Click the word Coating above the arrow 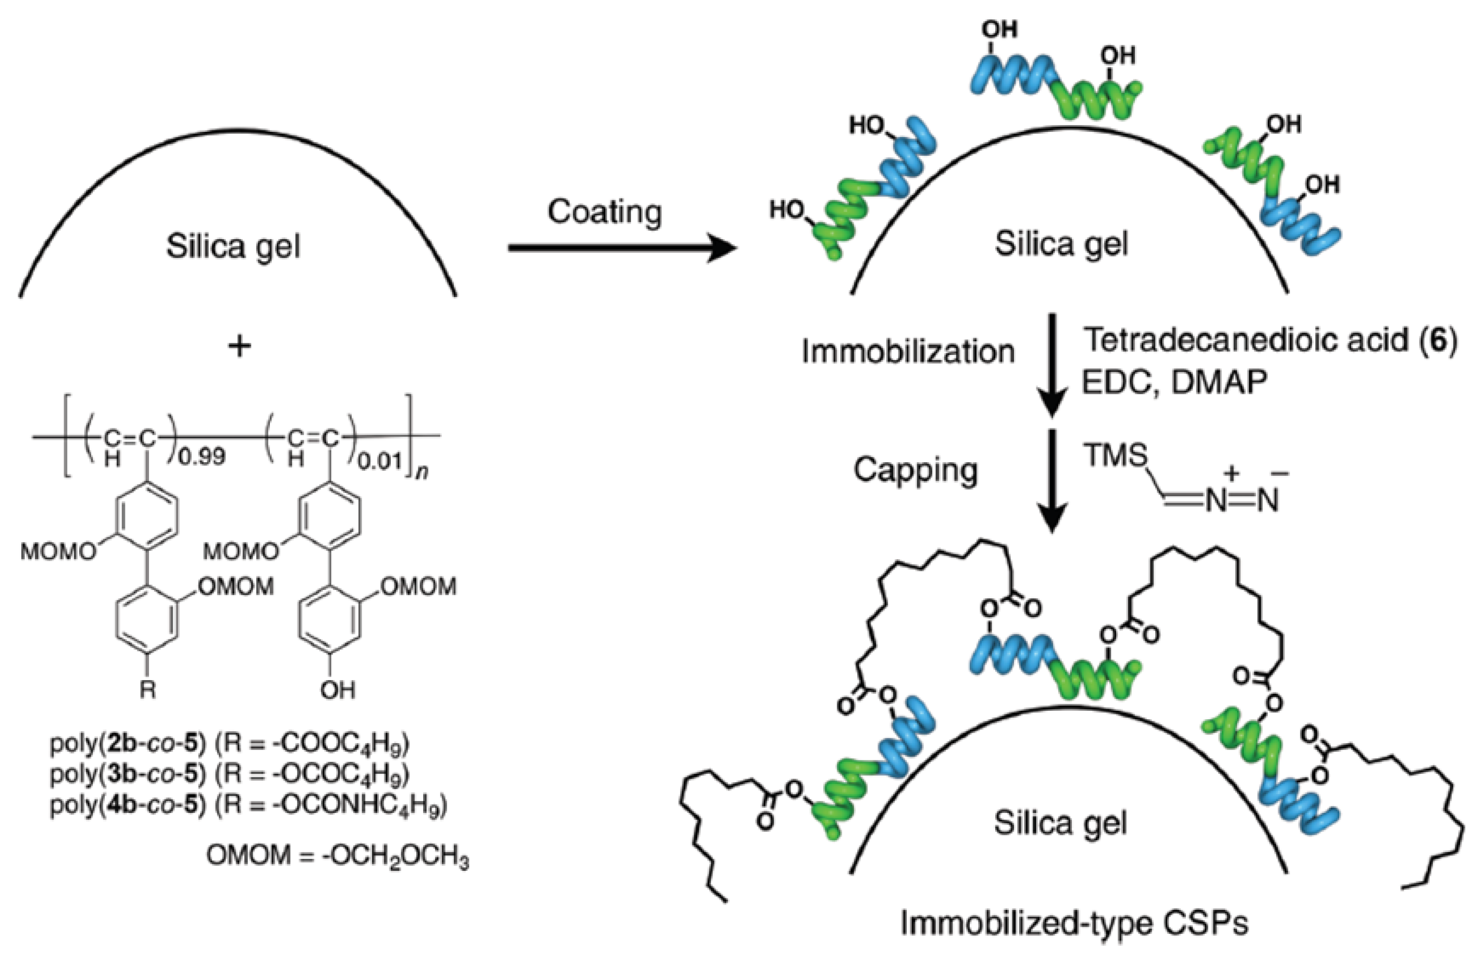[604, 212]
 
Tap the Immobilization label [908, 352]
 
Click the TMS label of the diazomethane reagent [1115, 455]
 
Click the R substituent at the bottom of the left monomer [147, 690]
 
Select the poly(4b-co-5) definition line [248, 806]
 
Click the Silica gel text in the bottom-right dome [1060, 823]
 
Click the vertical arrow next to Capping [1052, 480]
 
